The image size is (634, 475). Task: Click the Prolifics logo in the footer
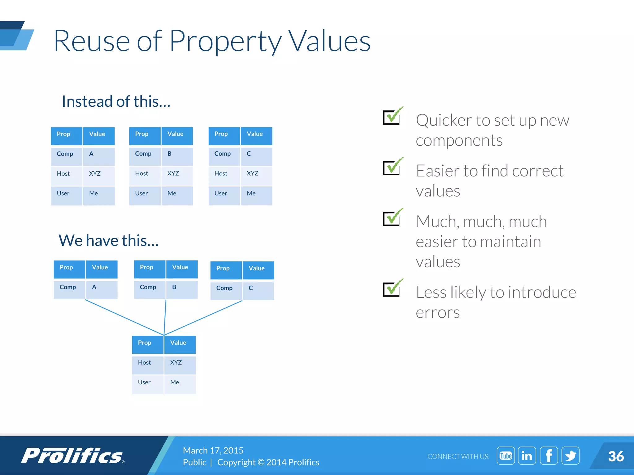point(73,456)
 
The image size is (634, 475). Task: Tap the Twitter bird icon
point(570,456)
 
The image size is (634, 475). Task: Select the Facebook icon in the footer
point(549,456)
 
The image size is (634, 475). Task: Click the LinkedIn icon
point(527,456)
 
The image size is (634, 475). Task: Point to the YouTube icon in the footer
point(506,456)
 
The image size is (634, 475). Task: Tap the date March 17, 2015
point(213,450)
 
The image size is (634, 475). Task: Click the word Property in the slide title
point(225,41)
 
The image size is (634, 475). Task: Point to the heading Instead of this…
point(116,101)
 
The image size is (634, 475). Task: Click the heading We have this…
point(109,241)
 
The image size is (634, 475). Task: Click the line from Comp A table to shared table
point(124,318)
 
